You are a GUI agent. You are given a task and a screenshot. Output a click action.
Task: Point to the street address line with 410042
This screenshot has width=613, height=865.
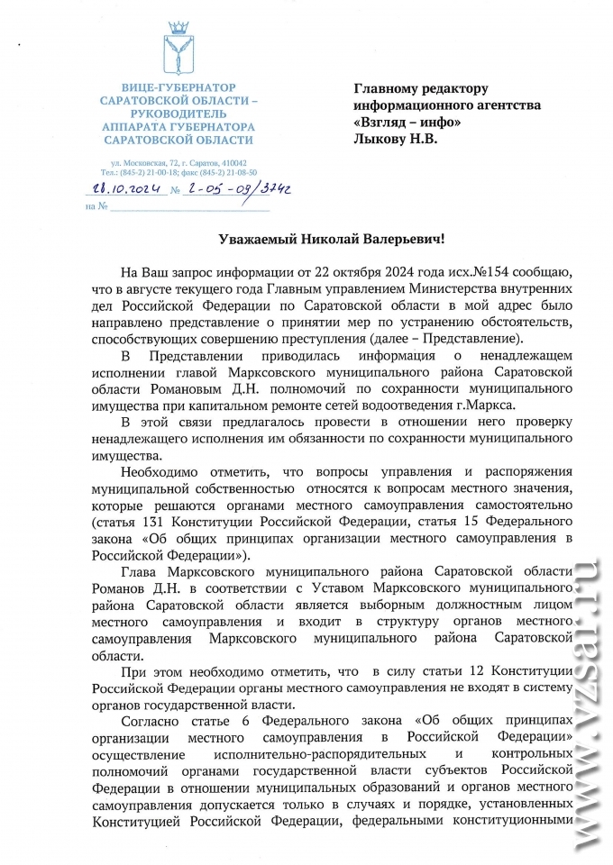[x=178, y=162]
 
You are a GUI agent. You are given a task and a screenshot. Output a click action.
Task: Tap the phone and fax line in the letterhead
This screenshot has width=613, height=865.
[x=178, y=171]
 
